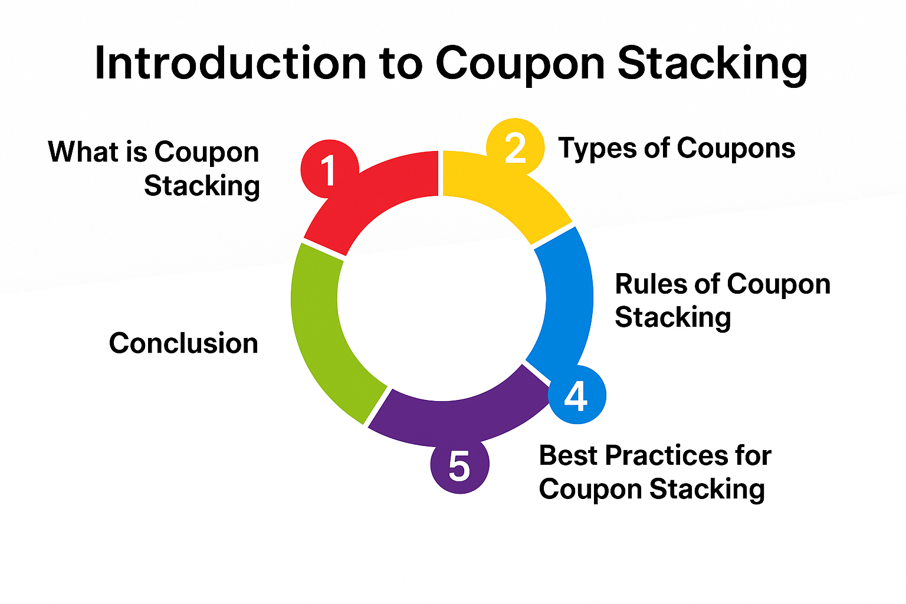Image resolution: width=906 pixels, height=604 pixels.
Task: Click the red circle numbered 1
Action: coord(330,169)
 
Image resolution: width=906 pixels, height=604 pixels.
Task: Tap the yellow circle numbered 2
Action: coord(516,147)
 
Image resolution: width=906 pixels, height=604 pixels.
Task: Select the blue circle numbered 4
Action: coord(577,395)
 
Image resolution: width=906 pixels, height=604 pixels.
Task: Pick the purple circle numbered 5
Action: coord(460,464)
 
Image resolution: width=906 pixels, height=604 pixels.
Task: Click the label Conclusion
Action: coord(183,343)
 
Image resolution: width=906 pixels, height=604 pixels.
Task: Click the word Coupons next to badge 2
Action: coord(736,149)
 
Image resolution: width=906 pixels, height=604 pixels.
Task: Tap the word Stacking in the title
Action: coord(713,65)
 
